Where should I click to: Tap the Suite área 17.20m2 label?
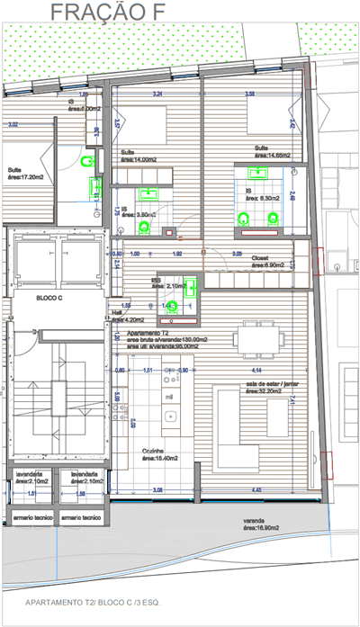[26, 173]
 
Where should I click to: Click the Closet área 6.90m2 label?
[265, 260]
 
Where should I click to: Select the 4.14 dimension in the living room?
[256, 370]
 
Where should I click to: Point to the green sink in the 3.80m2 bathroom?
[148, 193]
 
